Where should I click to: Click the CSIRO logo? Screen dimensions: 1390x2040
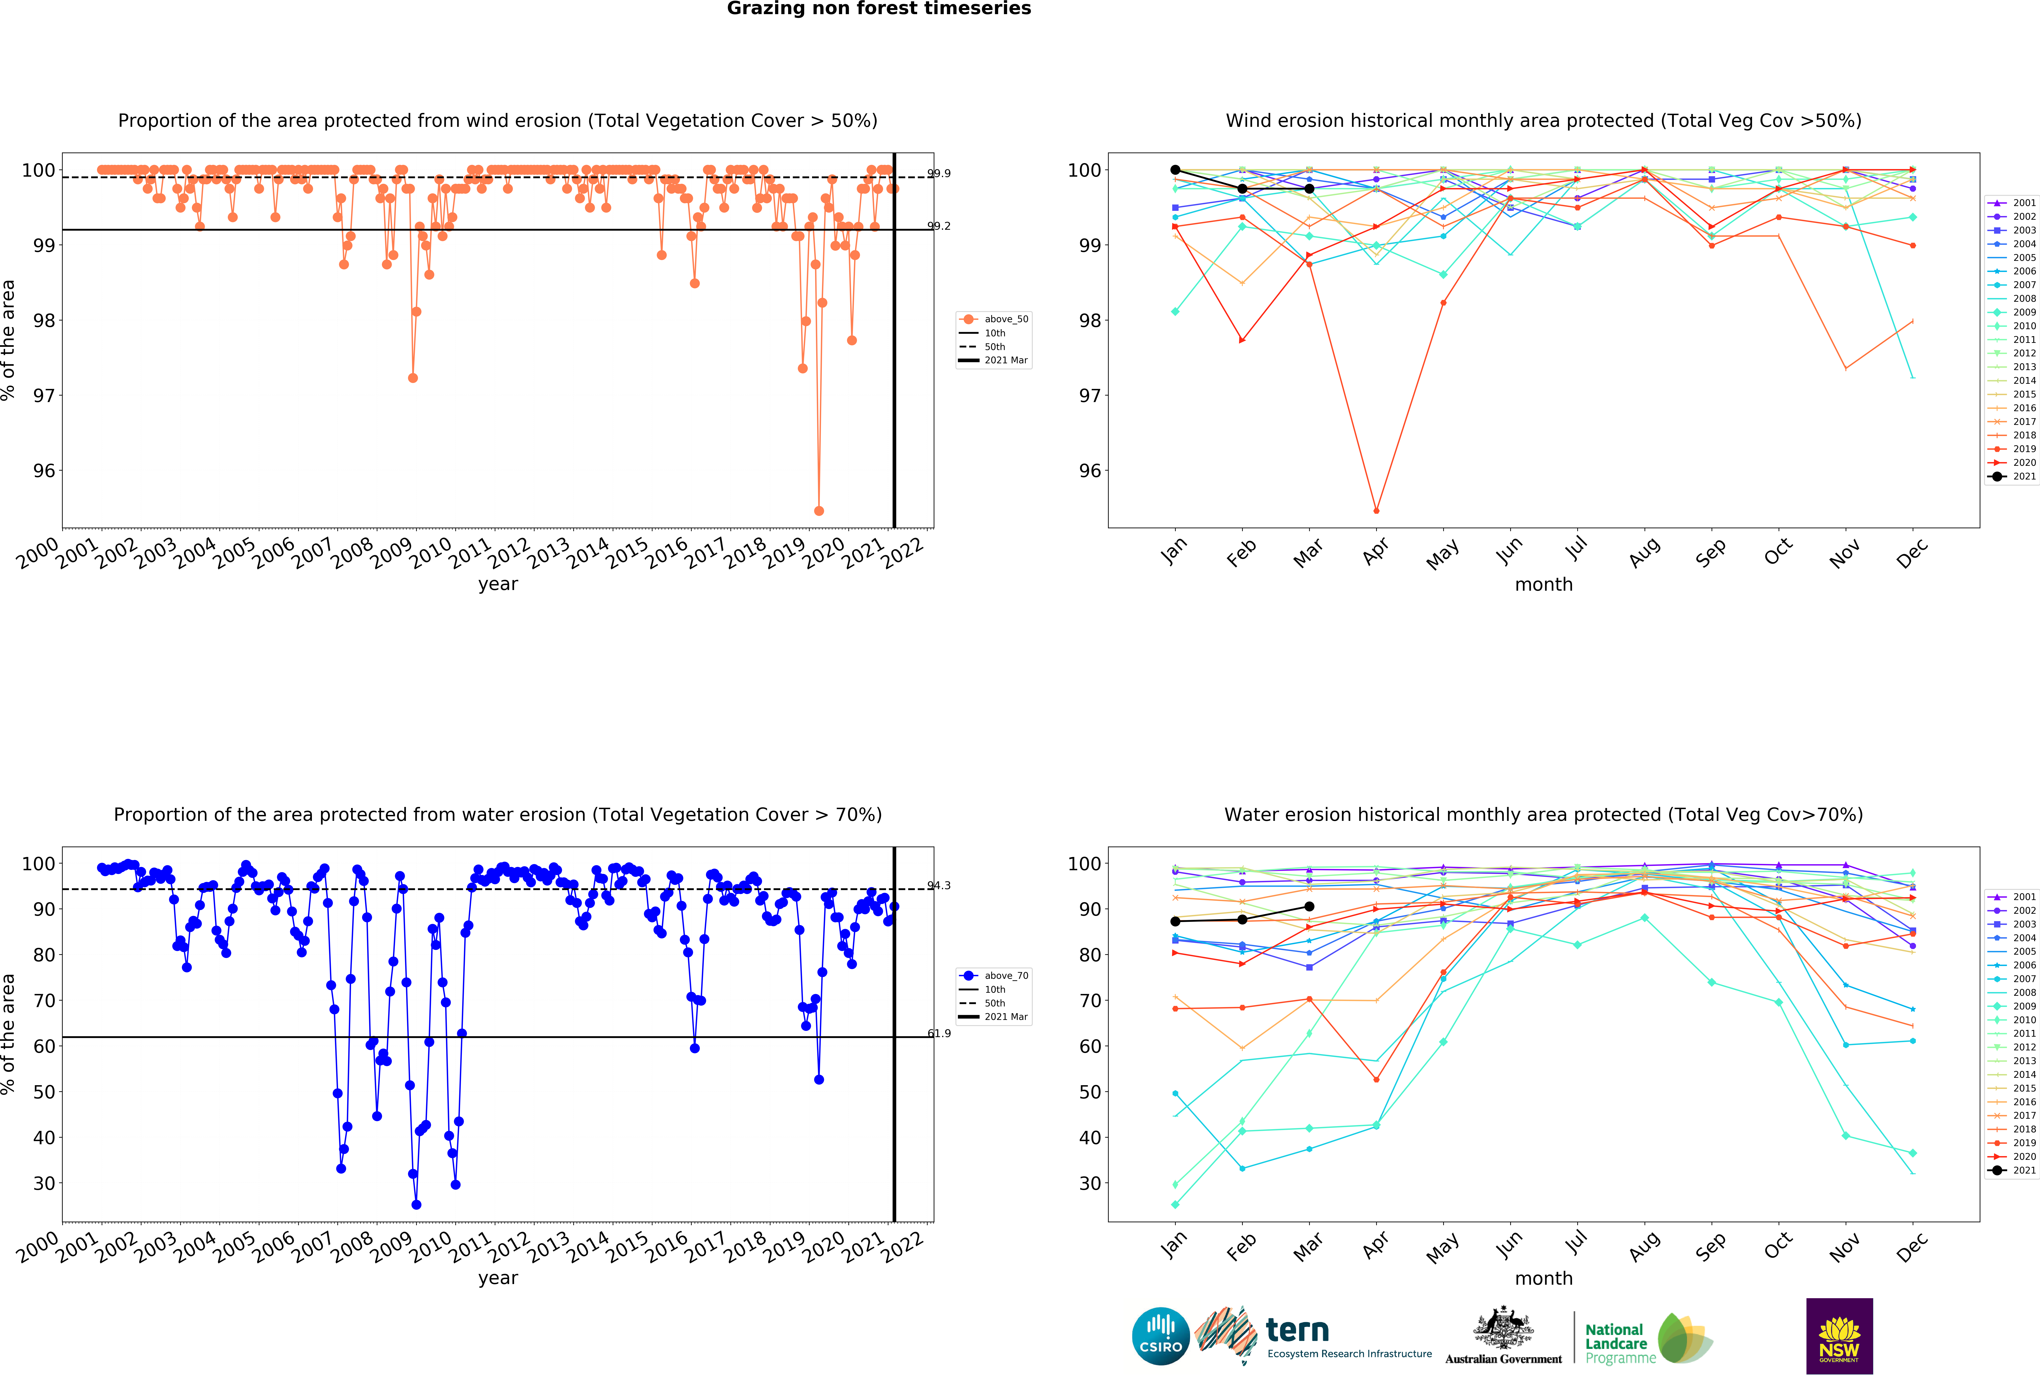[x=1160, y=1336]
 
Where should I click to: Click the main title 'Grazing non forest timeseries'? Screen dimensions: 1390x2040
[x=879, y=9]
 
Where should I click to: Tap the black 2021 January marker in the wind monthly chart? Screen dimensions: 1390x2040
[x=1175, y=170]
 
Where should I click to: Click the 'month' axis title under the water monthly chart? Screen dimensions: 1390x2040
[x=1543, y=1279]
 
